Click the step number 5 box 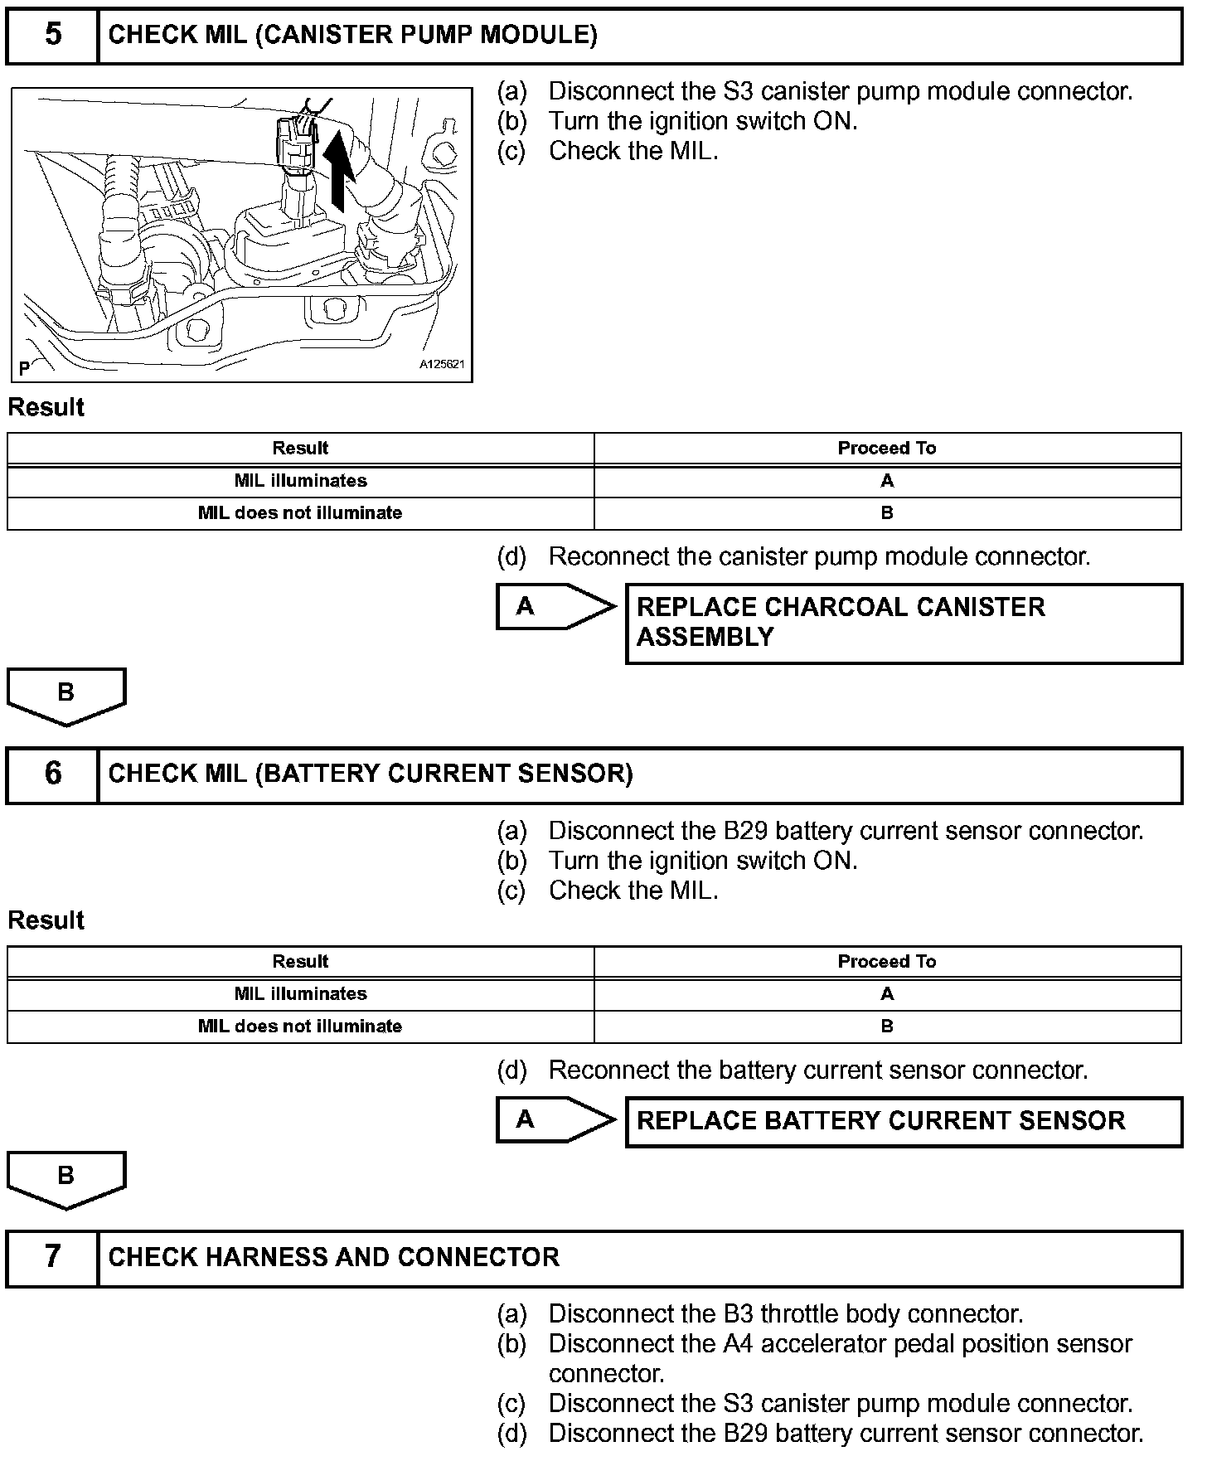coord(52,35)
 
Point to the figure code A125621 coord(442,364)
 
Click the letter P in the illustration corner coord(24,367)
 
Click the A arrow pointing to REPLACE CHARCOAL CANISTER coord(554,607)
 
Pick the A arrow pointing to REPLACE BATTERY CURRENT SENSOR coord(554,1120)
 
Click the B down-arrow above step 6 coord(66,695)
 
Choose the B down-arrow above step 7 coord(66,1178)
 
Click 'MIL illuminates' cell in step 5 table coord(300,481)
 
